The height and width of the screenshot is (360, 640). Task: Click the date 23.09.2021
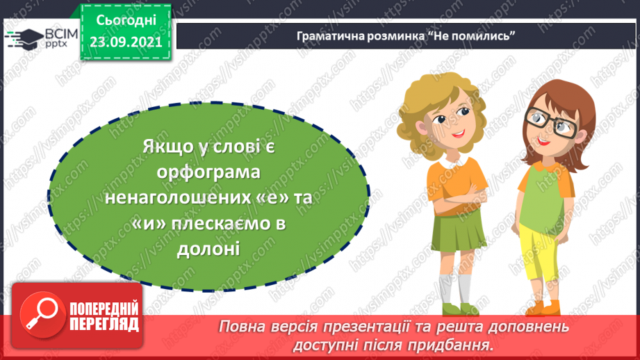tap(125, 41)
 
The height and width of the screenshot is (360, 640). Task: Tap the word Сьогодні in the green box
tap(125, 19)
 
